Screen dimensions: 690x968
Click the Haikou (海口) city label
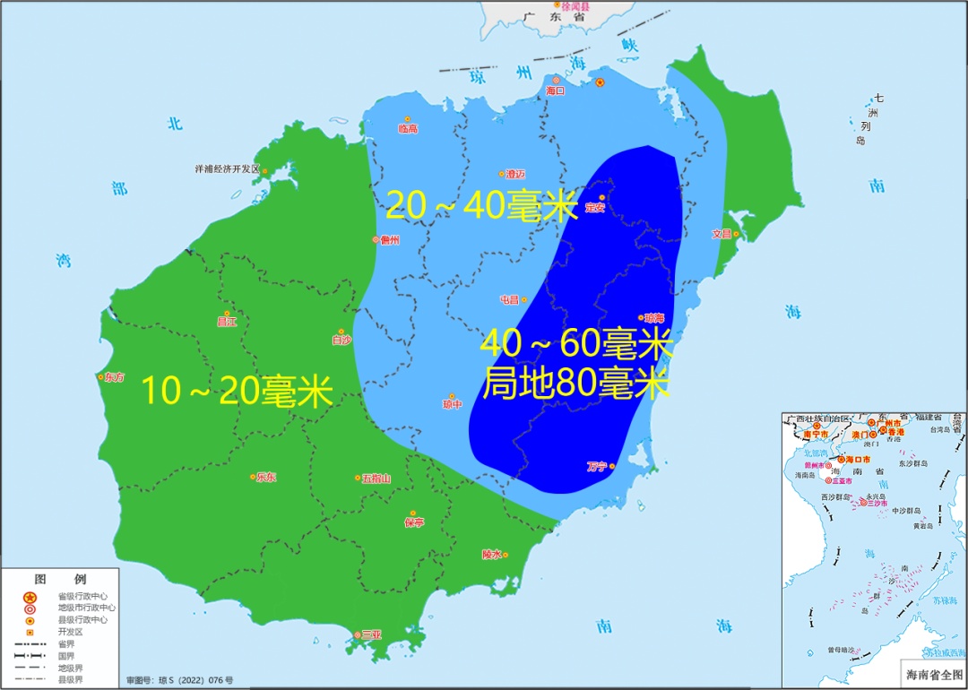click(556, 91)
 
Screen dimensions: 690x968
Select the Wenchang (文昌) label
click(722, 234)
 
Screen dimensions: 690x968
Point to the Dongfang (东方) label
click(115, 377)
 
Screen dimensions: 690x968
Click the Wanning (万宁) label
click(597, 466)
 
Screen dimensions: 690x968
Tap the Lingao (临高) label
click(408, 129)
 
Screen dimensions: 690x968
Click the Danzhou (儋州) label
click(389, 240)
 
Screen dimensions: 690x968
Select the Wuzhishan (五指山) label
click(376, 479)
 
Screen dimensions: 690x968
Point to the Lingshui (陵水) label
click(492, 555)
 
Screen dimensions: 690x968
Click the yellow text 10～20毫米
click(238, 392)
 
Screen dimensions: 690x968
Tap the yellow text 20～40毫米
click(481, 206)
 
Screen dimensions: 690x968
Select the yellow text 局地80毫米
click(576, 383)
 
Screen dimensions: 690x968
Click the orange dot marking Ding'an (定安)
click(602, 198)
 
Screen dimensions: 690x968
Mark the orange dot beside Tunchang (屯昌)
click(524, 299)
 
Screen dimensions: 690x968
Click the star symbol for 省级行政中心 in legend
click(30, 597)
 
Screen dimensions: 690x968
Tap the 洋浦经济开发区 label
click(227, 168)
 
